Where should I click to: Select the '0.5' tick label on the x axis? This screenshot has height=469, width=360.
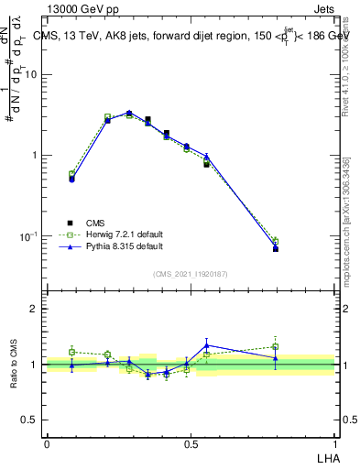191,443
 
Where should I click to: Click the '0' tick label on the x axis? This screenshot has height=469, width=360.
47,443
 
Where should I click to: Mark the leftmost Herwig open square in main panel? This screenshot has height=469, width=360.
72,174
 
